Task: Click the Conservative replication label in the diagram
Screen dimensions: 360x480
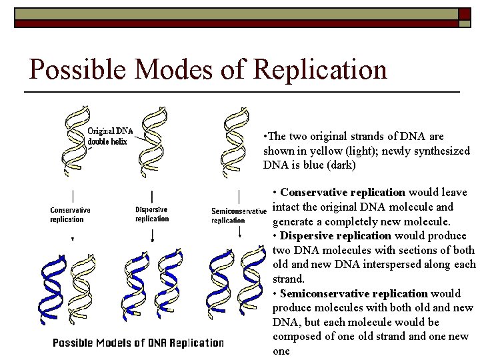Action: (70, 215)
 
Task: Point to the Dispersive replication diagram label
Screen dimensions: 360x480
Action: (152, 214)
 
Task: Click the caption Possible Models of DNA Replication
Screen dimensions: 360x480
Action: (138, 343)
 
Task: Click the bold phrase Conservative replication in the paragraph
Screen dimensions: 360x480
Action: (343, 193)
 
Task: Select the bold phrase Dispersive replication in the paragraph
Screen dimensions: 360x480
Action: (336, 236)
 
